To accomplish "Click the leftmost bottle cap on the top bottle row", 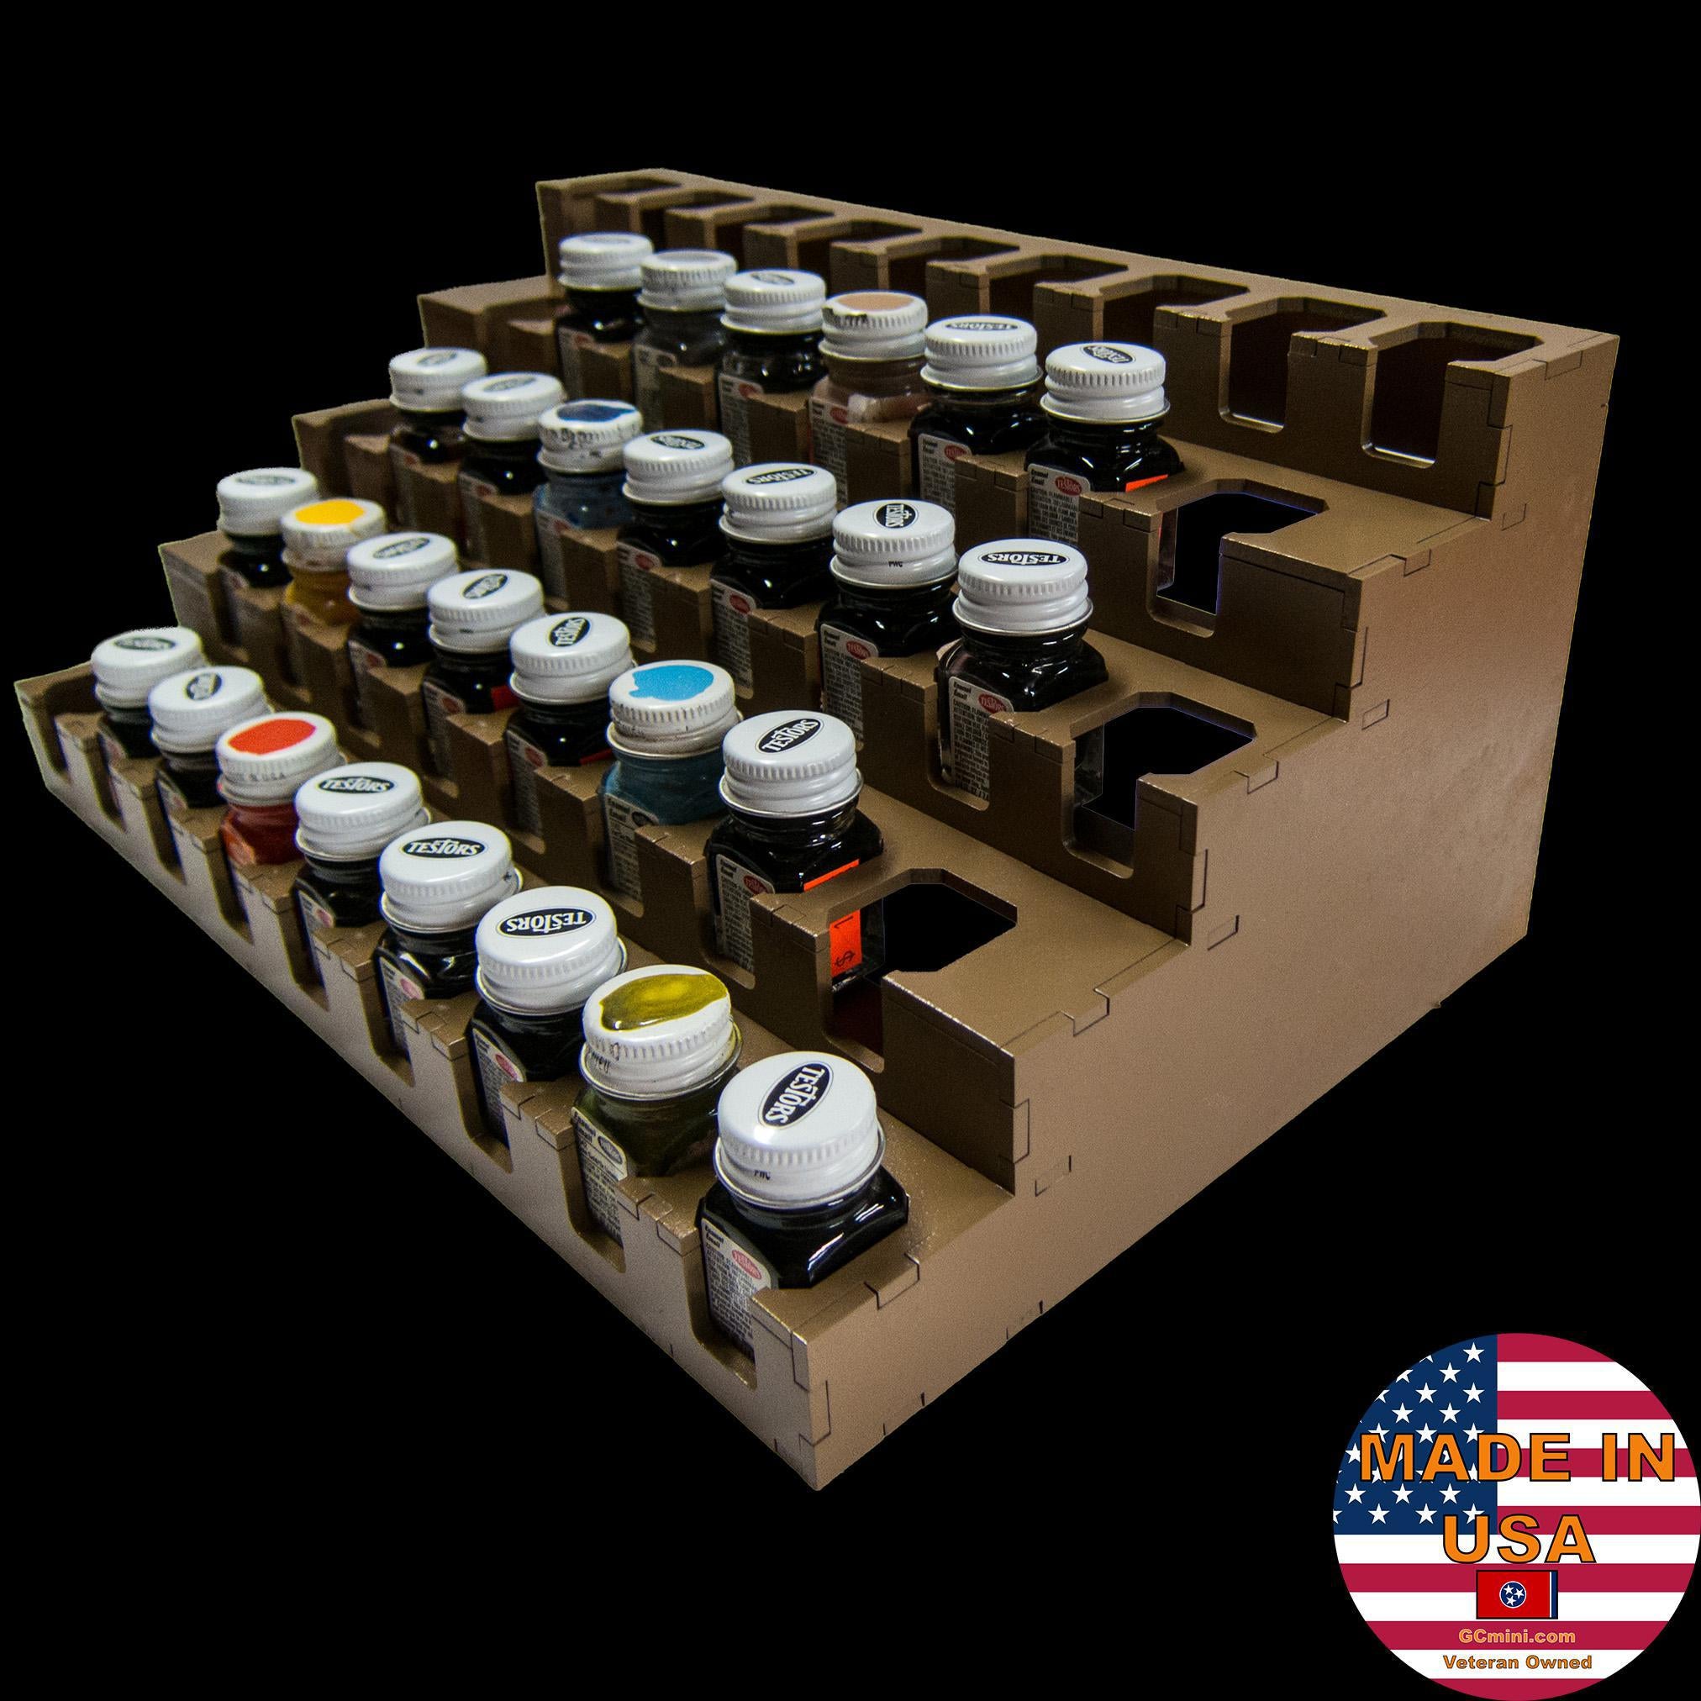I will (604, 256).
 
